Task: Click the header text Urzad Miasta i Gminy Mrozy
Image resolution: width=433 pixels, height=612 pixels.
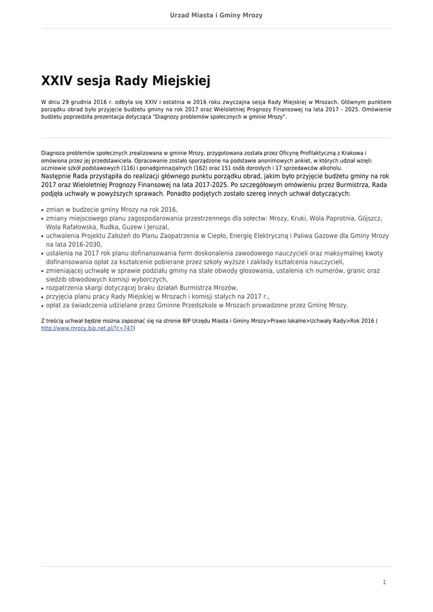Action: click(x=216, y=16)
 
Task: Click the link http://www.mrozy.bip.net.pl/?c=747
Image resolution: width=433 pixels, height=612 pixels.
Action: click(x=87, y=328)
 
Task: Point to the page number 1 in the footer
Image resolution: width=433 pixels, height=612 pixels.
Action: click(x=384, y=582)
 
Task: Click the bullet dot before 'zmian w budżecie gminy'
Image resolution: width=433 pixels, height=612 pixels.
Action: click(x=42, y=210)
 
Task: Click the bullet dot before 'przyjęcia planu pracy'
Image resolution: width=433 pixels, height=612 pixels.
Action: click(x=42, y=296)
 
